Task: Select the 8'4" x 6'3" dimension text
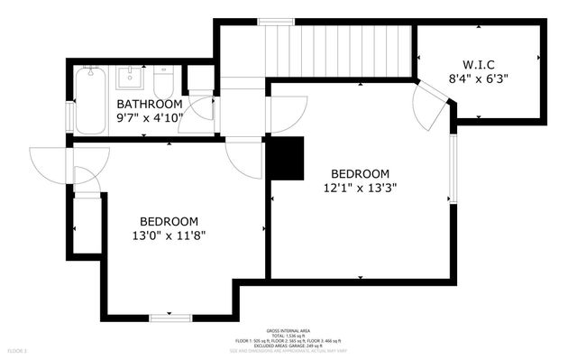pyautogui.click(x=478, y=78)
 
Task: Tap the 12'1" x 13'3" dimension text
pyautogui.click(x=360, y=189)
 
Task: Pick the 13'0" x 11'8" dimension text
pyautogui.click(x=169, y=236)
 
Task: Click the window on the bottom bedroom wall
pyautogui.click(x=169, y=317)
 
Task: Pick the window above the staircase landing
pyautogui.click(x=270, y=22)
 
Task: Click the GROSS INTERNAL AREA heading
pyautogui.click(x=288, y=330)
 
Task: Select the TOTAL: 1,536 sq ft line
pyautogui.click(x=288, y=336)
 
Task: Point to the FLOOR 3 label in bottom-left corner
pyautogui.click(x=18, y=349)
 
